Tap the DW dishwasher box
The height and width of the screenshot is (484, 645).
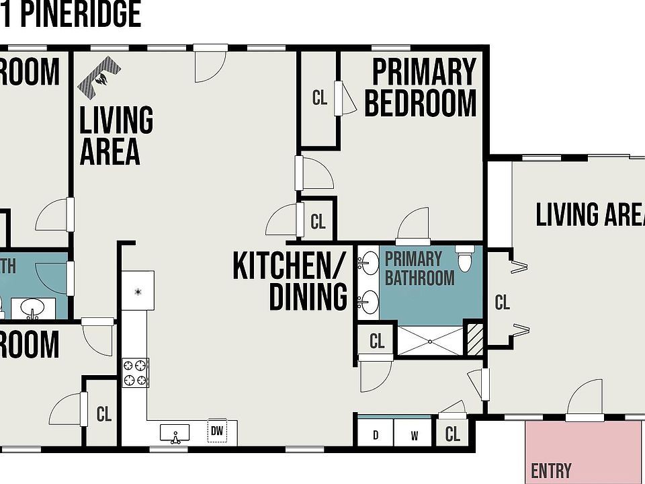(216, 431)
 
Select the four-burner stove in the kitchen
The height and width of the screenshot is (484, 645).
(135, 373)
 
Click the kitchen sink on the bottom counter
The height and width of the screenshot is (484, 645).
(175, 434)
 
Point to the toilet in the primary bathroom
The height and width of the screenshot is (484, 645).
(465, 257)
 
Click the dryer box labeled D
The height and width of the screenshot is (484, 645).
(376, 435)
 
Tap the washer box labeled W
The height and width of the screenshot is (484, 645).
(415, 435)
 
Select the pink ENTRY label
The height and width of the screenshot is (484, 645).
(551, 471)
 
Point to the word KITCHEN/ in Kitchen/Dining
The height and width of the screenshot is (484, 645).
(290, 266)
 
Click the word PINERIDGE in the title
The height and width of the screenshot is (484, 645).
(81, 15)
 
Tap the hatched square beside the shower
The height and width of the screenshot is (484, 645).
(474, 339)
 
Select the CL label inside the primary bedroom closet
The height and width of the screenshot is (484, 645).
(320, 98)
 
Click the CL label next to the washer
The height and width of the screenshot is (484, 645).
(453, 435)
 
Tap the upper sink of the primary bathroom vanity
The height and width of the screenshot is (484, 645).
(368, 263)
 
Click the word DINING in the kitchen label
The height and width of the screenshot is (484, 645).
(308, 297)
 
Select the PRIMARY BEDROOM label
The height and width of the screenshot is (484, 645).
(421, 88)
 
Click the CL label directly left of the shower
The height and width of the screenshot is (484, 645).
(377, 341)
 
